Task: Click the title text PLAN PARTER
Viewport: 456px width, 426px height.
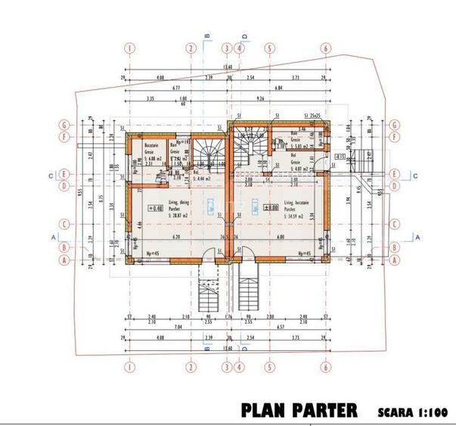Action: [299, 411]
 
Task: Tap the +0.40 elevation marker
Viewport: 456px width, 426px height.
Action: [135, 208]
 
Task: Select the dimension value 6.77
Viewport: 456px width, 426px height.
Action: [175, 88]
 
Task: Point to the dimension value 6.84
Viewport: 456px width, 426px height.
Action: [278, 88]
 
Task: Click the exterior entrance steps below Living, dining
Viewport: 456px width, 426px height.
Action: [207, 291]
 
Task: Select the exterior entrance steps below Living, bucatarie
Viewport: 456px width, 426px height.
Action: [250, 291]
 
